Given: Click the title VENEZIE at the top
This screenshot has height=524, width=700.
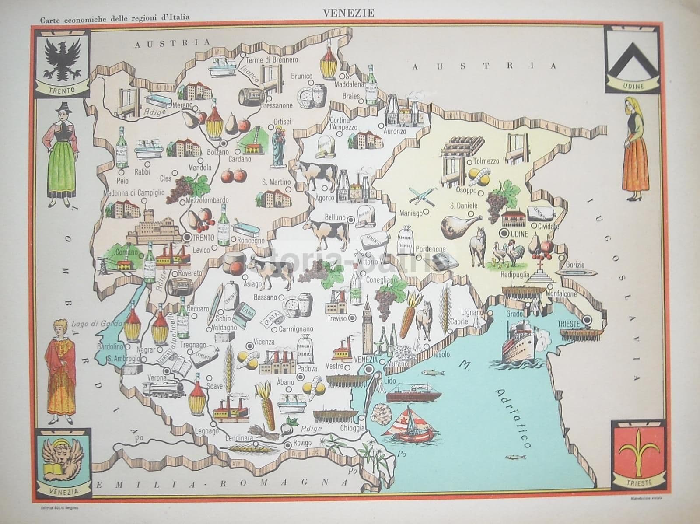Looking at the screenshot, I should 349,13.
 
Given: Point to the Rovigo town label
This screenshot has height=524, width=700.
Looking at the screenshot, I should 303,442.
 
